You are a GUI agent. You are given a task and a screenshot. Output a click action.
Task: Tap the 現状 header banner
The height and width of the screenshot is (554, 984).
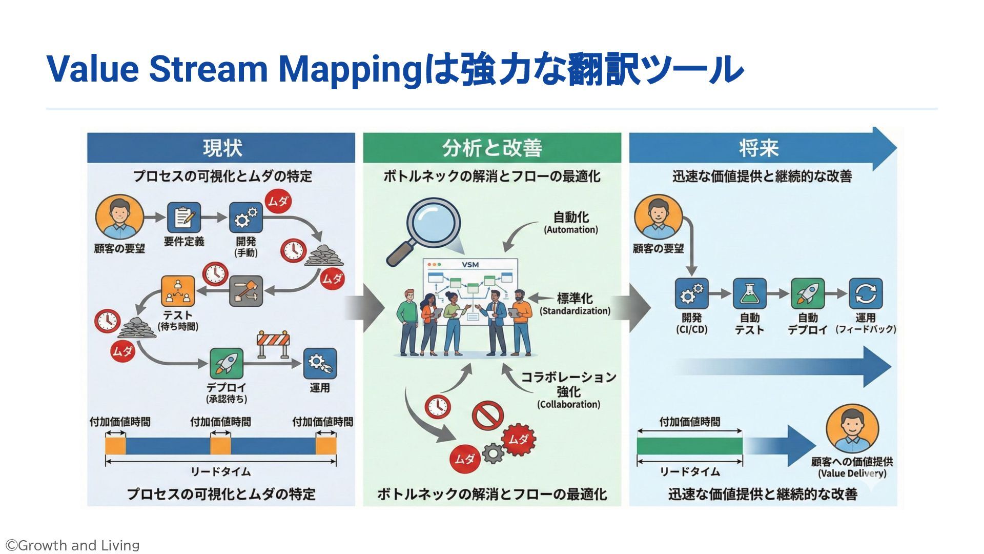[x=221, y=148]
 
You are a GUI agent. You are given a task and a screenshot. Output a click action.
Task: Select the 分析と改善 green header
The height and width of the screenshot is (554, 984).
[x=491, y=148]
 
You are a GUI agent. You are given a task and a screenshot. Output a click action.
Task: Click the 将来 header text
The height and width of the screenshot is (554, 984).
[x=758, y=148]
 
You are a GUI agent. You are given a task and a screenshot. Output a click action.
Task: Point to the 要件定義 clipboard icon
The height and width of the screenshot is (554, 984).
[x=183, y=217]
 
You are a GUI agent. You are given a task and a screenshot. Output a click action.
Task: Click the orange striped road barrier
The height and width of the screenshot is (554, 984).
[x=273, y=343]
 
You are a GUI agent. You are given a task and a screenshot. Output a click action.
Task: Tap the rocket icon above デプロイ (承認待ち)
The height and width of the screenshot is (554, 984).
[x=227, y=364]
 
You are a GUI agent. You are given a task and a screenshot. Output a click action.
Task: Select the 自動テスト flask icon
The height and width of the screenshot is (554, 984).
[x=749, y=294]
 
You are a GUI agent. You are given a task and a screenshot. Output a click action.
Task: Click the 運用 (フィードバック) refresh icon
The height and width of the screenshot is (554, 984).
[x=866, y=294]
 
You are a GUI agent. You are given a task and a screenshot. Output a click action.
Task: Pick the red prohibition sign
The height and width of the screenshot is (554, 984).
[x=487, y=415]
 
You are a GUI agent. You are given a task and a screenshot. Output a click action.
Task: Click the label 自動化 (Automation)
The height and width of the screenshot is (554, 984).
[x=571, y=223]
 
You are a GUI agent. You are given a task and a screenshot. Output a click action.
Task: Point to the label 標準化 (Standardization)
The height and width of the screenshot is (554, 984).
[x=575, y=304]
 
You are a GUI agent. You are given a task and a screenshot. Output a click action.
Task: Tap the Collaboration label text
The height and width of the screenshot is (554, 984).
[x=568, y=405]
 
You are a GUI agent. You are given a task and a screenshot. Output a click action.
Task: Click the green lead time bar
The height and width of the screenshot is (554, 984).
[x=689, y=446]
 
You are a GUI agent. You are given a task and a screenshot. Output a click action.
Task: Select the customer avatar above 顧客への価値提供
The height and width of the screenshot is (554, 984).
[x=852, y=429]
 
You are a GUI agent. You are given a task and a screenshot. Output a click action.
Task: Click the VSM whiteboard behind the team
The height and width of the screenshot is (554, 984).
[x=470, y=280]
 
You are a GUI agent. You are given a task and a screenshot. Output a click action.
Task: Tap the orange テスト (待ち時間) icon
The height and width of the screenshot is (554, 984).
[x=178, y=291]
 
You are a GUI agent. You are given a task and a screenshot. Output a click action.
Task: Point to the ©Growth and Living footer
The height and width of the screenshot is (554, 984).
[x=72, y=545]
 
